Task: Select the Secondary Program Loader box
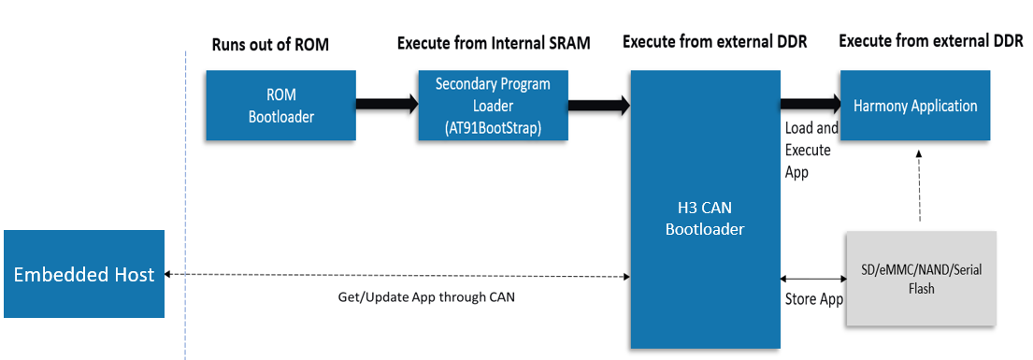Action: point(493,106)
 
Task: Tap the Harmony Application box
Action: point(915,106)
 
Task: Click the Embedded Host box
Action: point(83,275)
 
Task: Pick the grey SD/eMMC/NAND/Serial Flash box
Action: point(921,279)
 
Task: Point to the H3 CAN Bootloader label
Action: point(704,218)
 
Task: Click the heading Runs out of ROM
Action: point(270,45)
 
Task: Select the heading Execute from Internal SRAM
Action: point(494,43)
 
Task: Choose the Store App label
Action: point(812,299)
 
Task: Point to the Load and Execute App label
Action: point(811,150)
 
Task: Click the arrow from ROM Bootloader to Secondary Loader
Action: point(386,105)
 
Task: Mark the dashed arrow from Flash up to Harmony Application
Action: point(920,187)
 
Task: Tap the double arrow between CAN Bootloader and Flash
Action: point(812,279)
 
